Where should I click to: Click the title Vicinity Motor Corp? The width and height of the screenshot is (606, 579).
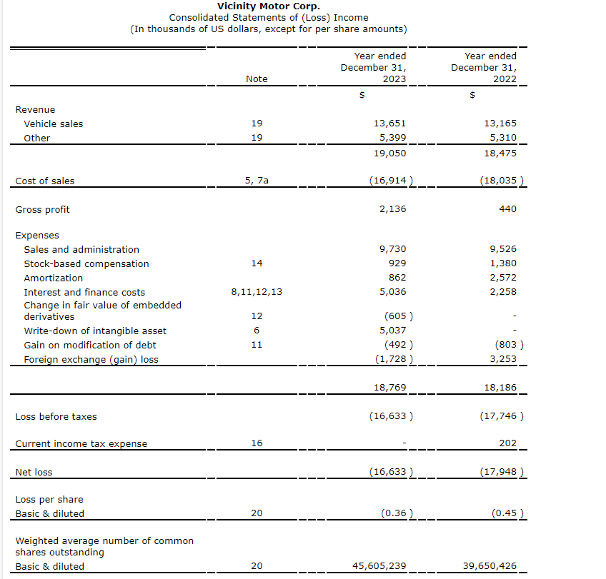pos(268,6)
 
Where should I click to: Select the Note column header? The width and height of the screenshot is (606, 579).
pos(257,79)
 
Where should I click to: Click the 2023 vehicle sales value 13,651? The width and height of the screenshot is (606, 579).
pos(390,124)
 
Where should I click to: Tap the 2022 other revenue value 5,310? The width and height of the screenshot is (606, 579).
pos(501,138)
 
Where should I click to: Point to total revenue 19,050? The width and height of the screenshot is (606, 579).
pos(390,153)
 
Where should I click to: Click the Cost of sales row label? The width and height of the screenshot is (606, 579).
pos(45,181)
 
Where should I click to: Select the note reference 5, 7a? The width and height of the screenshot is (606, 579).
pos(257,181)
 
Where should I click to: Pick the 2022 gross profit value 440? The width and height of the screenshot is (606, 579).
pos(508,209)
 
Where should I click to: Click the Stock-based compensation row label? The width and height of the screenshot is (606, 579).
pos(86,263)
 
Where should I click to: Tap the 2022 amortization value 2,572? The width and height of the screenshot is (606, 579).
pos(503,278)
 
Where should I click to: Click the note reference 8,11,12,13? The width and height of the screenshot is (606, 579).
pos(257,292)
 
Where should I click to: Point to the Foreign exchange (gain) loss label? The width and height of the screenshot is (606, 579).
pos(91,359)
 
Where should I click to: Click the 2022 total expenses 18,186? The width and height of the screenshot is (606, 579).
pos(501,387)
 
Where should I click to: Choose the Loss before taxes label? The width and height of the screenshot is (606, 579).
pos(56,416)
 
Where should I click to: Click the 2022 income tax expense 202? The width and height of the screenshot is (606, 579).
pos(507,443)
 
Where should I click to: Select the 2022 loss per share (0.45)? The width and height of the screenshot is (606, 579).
pos(507,513)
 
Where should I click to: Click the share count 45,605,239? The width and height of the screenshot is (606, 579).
pos(379,566)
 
